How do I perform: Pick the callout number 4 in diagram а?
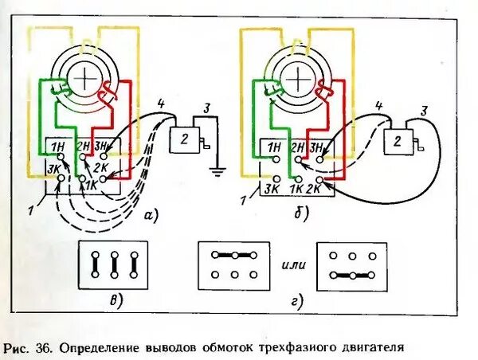click(160, 103)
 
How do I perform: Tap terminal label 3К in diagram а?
click(53, 168)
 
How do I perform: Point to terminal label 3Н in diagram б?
click(317, 147)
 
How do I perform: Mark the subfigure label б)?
click(300, 213)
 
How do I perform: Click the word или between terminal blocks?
click(292, 264)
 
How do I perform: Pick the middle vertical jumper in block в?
click(113, 264)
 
